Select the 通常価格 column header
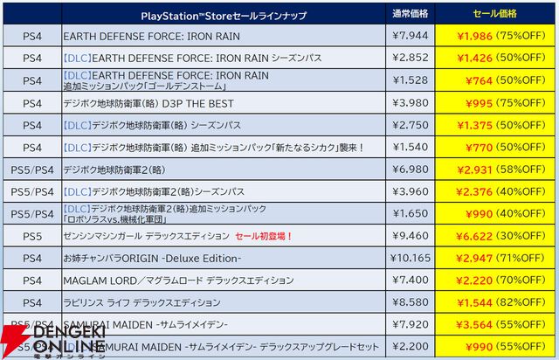pyautogui.click(x=409, y=15)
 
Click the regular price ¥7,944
pyautogui.click(x=409, y=36)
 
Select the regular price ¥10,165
pyautogui.click(x=409, y=258)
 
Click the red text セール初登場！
pyautogui.click(x=264, y=236)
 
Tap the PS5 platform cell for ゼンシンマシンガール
pyautogui.click(x=32, y=235)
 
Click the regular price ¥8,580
pyautogui.click(x=409, y=302)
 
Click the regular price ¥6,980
pyautogui.click(x=409, y=169)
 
